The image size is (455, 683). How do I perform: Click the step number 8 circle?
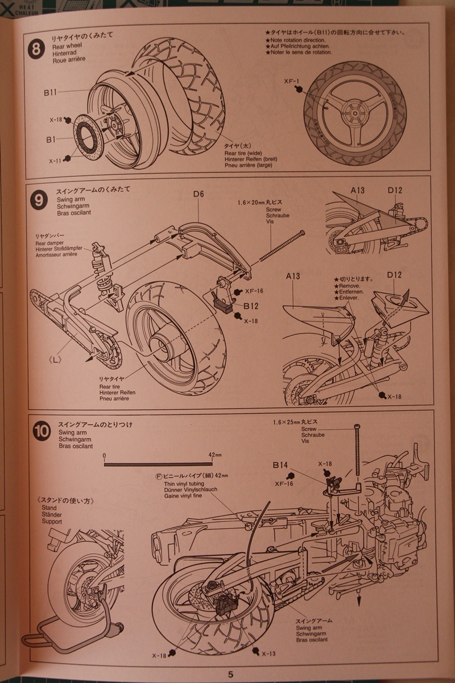pos(36,47)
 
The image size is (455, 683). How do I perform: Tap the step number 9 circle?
pos(38,200)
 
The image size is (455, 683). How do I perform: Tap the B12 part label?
pos(251,306)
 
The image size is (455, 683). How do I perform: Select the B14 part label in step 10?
pos(280,466)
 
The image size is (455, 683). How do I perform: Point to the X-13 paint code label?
pos(267,653)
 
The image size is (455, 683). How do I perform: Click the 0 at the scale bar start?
pos(105,456)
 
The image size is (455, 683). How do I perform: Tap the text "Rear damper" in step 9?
pos(48,242)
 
